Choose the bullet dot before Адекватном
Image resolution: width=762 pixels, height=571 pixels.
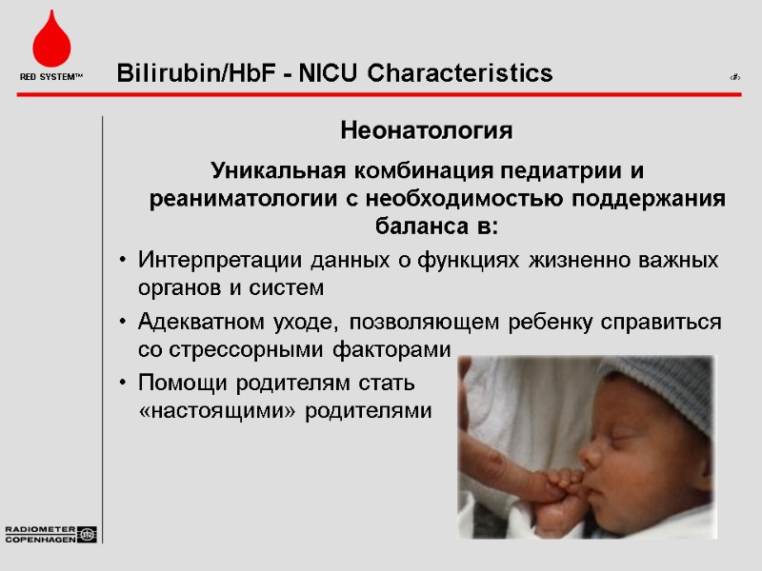tap(122, 323)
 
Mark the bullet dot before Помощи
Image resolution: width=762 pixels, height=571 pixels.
tap(122, 384)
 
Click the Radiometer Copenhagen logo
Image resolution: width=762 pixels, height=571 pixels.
tap(50, 534)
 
